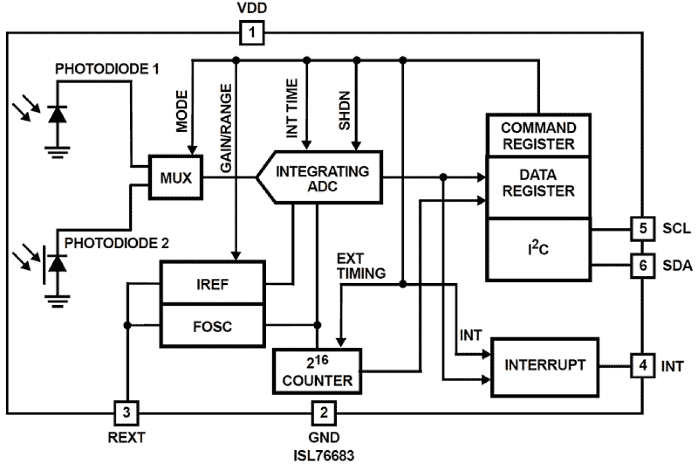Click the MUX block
(x=176, y=179)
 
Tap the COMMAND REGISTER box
(x=538, y=135)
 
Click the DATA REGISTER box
(x=538, y=184)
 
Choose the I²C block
(x=538, y=248)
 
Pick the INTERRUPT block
(x=545, y=366)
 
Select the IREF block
(x=212, y=283)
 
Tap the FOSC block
(x=212, y=325)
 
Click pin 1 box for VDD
(x=252, y=33)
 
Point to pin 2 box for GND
(x=322, y=413)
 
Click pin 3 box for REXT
(x=127, y=413)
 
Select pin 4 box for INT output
(x=643, y=366)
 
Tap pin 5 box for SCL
(x=643, y=228)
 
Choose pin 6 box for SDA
(x=643, y=265)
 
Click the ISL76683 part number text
(x=323, y=454)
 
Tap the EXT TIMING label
(x=361, y=266)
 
